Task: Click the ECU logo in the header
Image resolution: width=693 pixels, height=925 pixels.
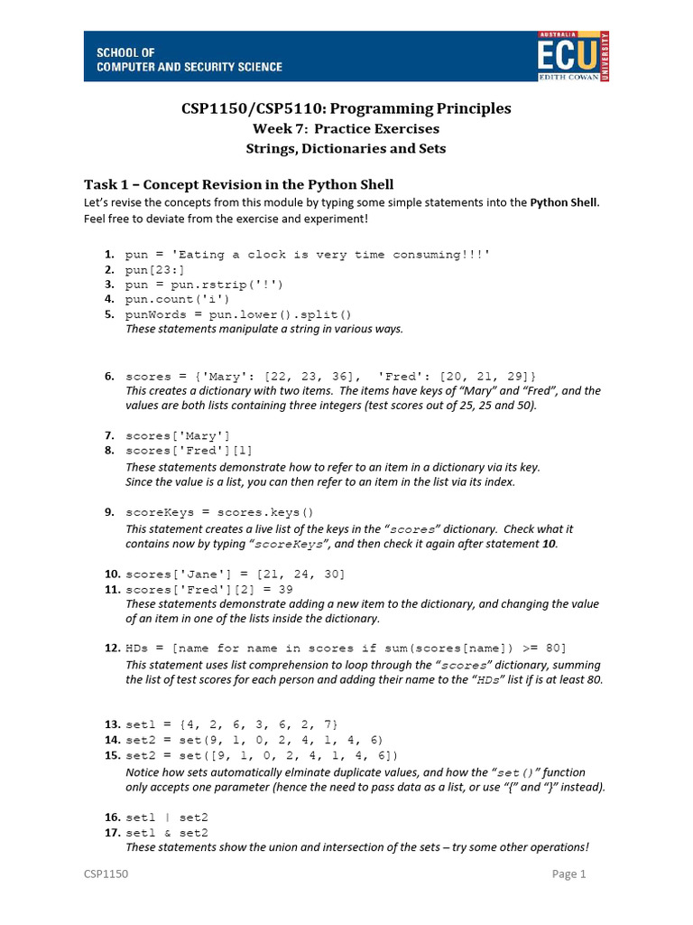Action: click(573, 55)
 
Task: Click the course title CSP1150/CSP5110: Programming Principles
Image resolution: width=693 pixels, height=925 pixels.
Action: click(346, 108)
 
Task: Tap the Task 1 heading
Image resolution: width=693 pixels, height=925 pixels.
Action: click(238, 185)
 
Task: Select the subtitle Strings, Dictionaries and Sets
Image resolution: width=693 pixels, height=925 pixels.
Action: click(346, 148)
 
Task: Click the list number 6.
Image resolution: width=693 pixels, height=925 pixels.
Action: click(109, 376)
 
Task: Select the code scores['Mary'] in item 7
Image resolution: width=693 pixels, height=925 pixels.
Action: click(178, 435)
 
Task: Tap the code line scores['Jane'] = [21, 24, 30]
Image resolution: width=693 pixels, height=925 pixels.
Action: click(235, 574)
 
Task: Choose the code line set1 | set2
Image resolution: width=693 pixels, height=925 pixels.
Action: click(167, 817)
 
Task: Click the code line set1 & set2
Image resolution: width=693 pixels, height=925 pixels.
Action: click(167, 832)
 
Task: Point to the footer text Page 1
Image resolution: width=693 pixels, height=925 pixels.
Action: click(569, 874)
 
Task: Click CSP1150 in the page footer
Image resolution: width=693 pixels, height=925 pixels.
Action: click(106, 874)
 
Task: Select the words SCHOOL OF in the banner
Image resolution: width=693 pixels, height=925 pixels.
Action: click(125, 53)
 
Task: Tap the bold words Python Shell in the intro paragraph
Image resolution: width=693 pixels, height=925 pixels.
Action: click(563, 202)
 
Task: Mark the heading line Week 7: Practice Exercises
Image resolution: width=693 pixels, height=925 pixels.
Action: click(346, 129)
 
